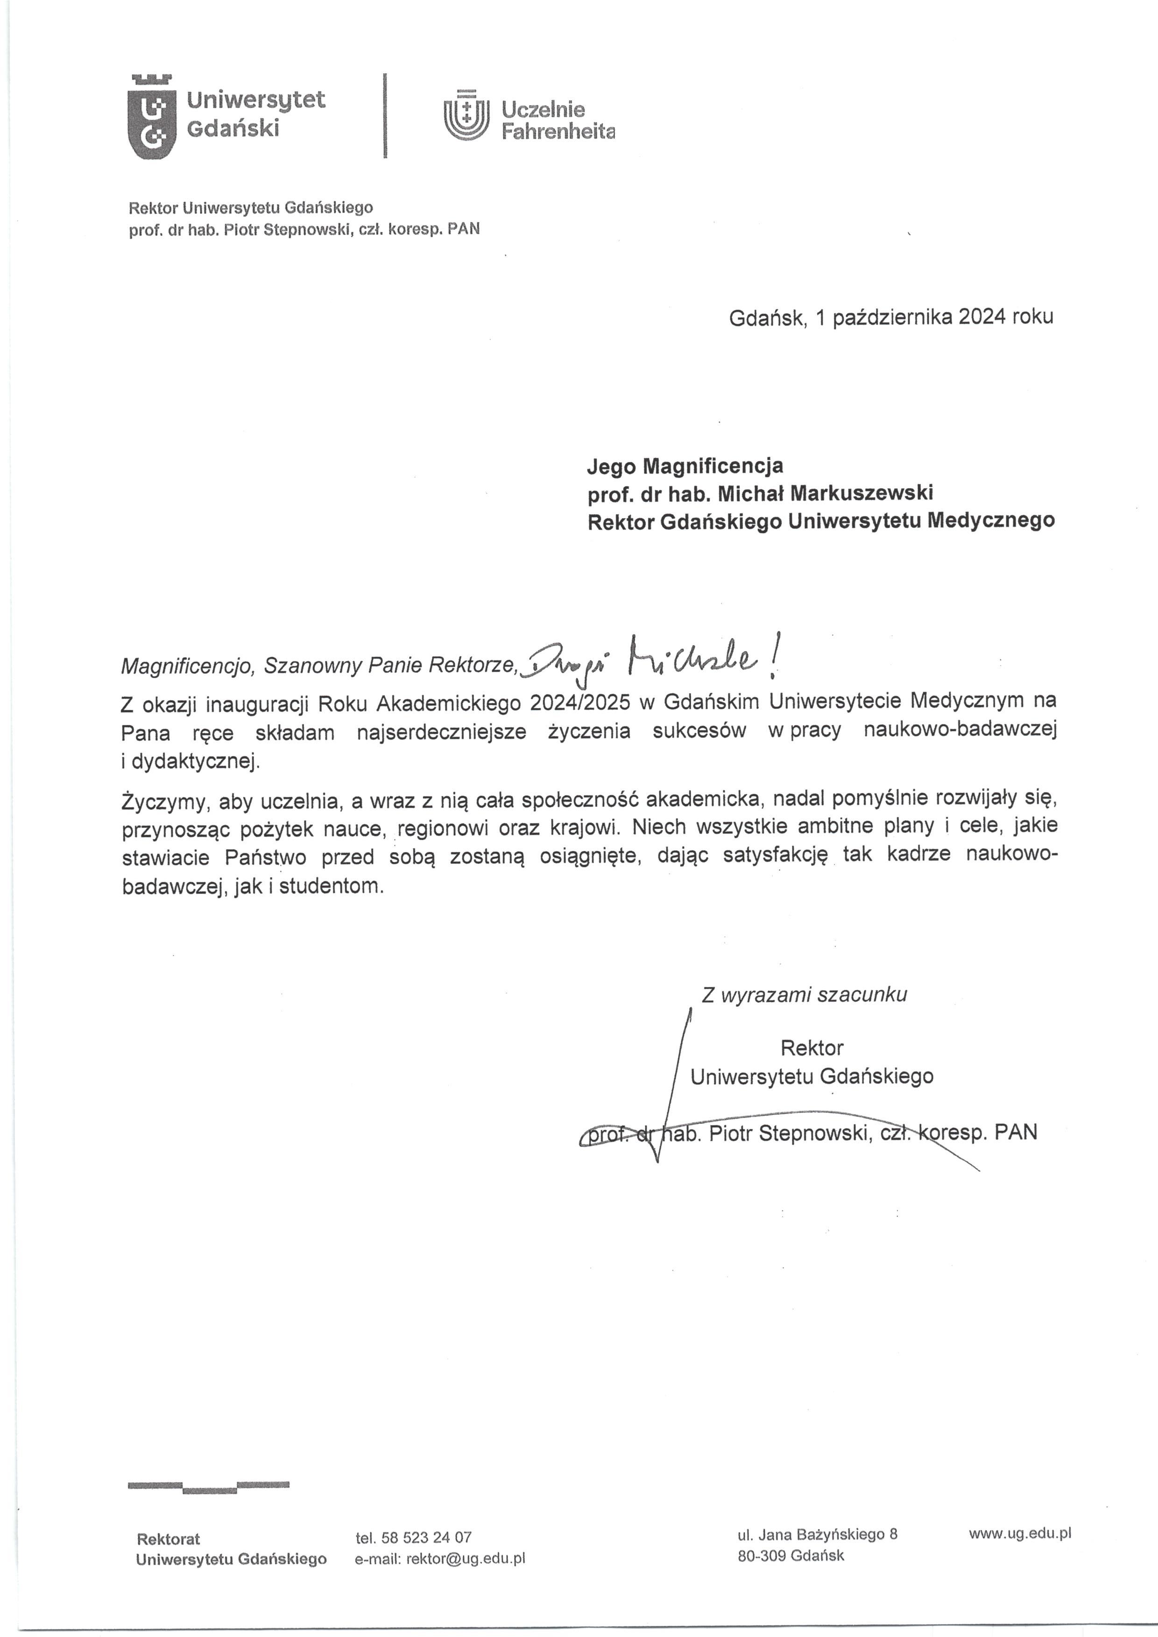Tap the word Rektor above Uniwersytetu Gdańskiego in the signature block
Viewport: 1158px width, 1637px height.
(812, 1048)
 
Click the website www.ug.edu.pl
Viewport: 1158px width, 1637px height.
(1020, 1534)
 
